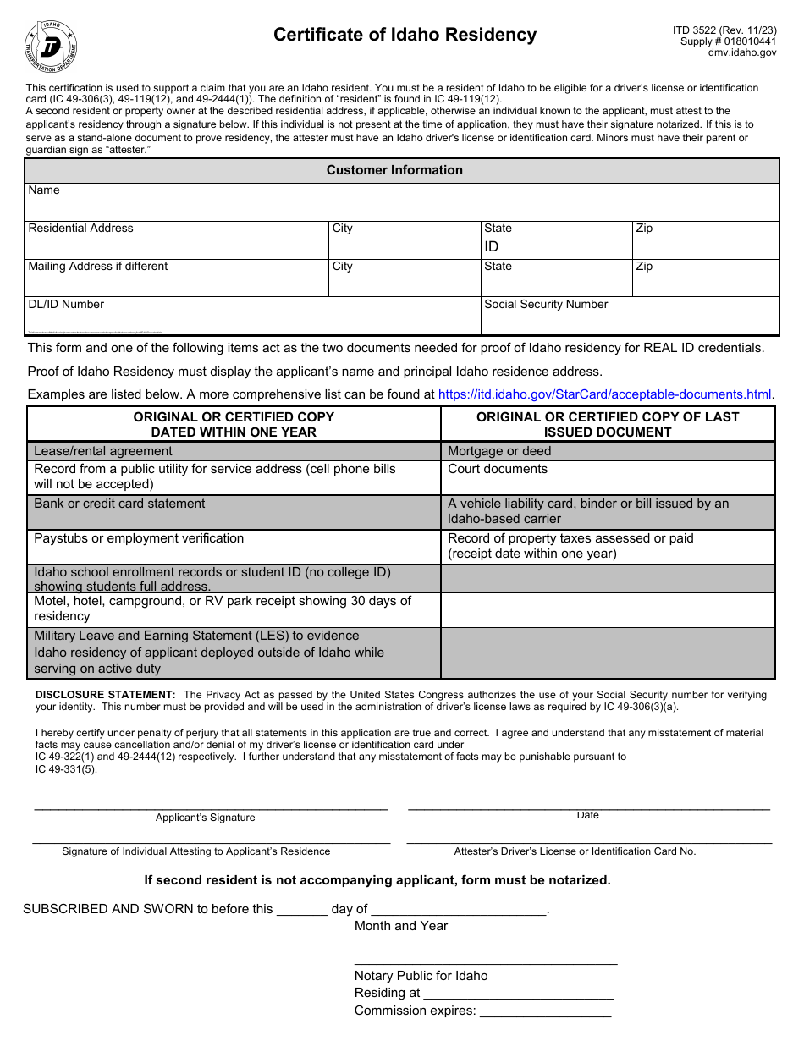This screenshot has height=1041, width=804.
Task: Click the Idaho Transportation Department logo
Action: click(x=51, y=47)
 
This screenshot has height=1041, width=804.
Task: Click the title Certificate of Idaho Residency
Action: click(x=405, y=35)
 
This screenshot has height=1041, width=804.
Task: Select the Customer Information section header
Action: click(x=394, y=170)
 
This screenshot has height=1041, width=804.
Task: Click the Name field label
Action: click(x=44, y=190)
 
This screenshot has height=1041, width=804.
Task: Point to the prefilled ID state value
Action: click(x=492, y=246)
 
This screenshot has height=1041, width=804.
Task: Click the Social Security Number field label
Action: click(x=546, y=305)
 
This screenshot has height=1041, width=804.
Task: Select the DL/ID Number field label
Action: click(x=66, y=305)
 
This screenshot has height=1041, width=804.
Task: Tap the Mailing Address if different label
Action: click(x=98, y=267)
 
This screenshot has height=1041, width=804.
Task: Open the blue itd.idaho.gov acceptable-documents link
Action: click(x=604, y=394)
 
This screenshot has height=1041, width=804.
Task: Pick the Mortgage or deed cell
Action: click(x=499, y=452)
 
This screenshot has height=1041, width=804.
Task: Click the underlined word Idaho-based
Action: click(x=484, y=520)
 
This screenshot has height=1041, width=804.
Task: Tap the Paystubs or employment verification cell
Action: click(x=139, y=539)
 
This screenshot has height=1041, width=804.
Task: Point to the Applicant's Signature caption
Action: click(x=205, y=818)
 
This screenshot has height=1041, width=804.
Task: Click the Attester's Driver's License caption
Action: click(x=575, y=851)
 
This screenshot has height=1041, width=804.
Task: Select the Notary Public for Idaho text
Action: click(x=421, y=976)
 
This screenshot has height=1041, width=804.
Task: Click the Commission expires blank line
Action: click(x=545, y=1012)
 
